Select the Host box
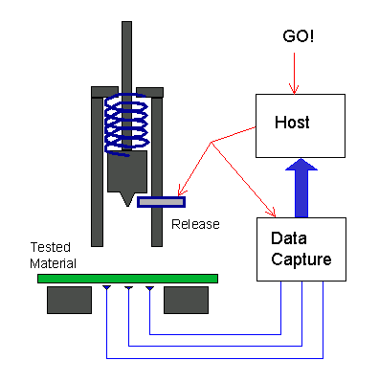(x=293, y=124)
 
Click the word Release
(x=195, y=224)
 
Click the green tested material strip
(x=127, y=279)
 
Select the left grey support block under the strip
(x=69, y=301)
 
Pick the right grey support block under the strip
(x=186, y=301)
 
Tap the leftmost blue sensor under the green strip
(x=105, y=287)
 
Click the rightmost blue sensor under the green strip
(x=150, y=287)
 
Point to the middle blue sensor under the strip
(x=128, y=287)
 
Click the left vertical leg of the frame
(x=98, y=168)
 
